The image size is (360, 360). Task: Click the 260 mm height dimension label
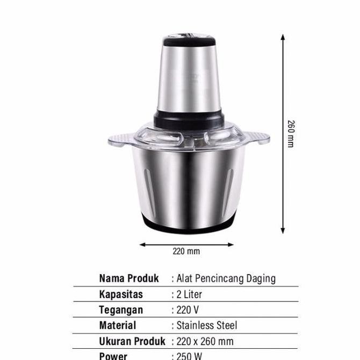291,134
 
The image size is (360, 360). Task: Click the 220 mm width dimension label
186,251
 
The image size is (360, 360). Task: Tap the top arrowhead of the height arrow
283,37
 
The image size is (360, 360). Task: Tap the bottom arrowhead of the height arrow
283,231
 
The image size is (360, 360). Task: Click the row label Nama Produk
129,278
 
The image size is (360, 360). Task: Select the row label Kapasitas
121,294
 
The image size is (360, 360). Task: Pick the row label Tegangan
121,310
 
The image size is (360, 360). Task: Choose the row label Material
118,326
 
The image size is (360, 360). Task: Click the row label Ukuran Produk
132,341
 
